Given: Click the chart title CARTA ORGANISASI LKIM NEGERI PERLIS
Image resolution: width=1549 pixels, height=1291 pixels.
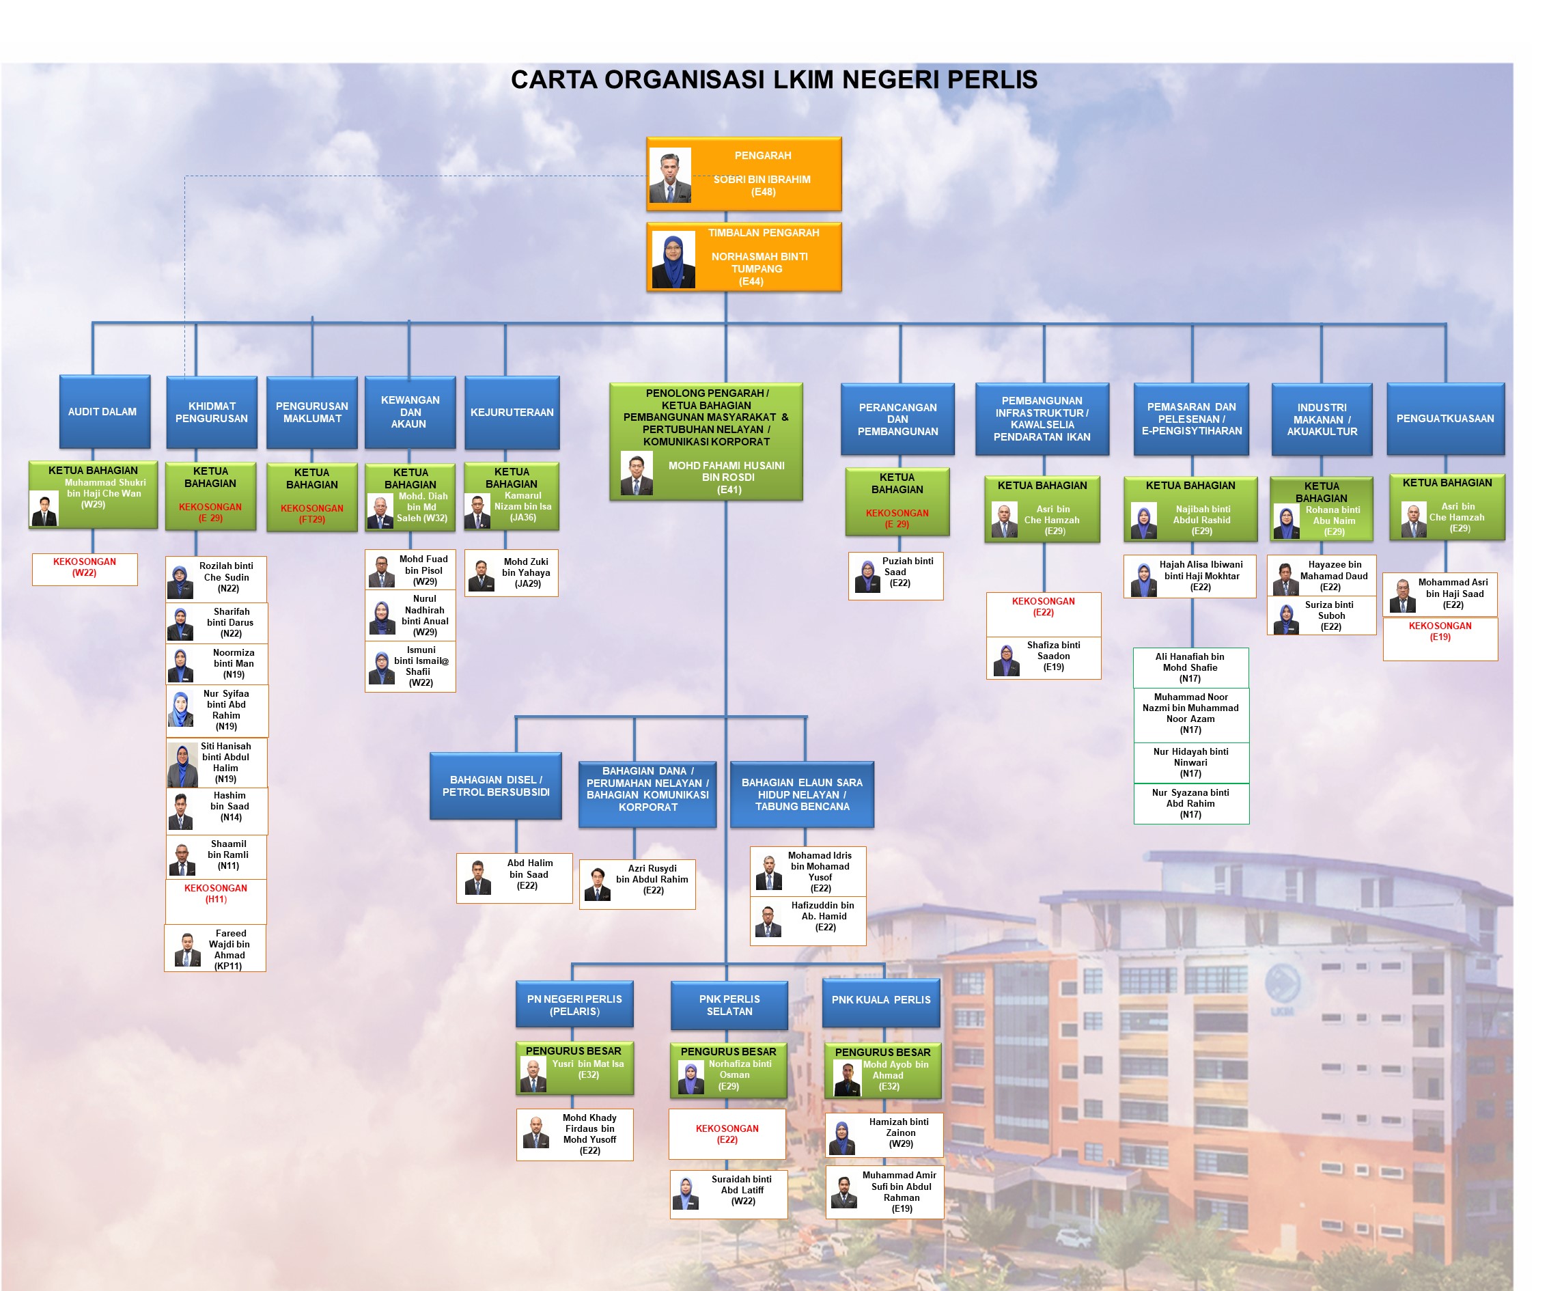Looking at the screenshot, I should [774, 80].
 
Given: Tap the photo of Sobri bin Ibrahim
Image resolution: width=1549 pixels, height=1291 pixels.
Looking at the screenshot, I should [670, 176].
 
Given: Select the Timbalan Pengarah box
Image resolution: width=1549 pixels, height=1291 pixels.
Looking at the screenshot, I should [744, 257].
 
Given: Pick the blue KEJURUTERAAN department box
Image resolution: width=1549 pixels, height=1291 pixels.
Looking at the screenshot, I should [512, 413].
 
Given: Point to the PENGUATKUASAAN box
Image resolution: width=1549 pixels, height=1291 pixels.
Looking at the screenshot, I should [1445, 418].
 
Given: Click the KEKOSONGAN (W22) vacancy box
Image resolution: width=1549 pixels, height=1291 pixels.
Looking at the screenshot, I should [85, 568].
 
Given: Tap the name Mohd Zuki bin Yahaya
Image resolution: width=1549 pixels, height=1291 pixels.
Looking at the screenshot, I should [526, 572].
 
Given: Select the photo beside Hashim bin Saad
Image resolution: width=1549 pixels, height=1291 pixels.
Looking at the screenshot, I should [181, 811].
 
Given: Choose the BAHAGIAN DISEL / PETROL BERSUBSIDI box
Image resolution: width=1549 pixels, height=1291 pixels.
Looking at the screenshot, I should [496, 786].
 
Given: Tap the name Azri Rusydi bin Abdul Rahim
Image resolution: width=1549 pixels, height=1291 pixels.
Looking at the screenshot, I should [652, 879].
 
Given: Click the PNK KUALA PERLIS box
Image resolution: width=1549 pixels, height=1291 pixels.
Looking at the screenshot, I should [881, 1000].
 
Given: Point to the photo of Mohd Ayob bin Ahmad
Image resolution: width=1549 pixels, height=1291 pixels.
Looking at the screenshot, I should [848, 1078].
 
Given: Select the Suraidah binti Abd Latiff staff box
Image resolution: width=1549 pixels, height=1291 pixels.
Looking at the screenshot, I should [728, 1193].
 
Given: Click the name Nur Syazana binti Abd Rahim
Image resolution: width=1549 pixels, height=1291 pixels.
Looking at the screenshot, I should [1190, 803].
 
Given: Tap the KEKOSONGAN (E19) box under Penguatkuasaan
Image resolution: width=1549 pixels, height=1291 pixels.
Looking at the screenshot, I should [1440, 637].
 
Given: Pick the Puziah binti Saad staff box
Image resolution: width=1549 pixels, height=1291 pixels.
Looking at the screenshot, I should [895, 574].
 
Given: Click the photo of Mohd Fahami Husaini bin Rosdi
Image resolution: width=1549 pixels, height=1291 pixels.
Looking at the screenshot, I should [636, 473].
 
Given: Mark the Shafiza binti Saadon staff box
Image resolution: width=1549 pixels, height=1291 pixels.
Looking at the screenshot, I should [1043, 657].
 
